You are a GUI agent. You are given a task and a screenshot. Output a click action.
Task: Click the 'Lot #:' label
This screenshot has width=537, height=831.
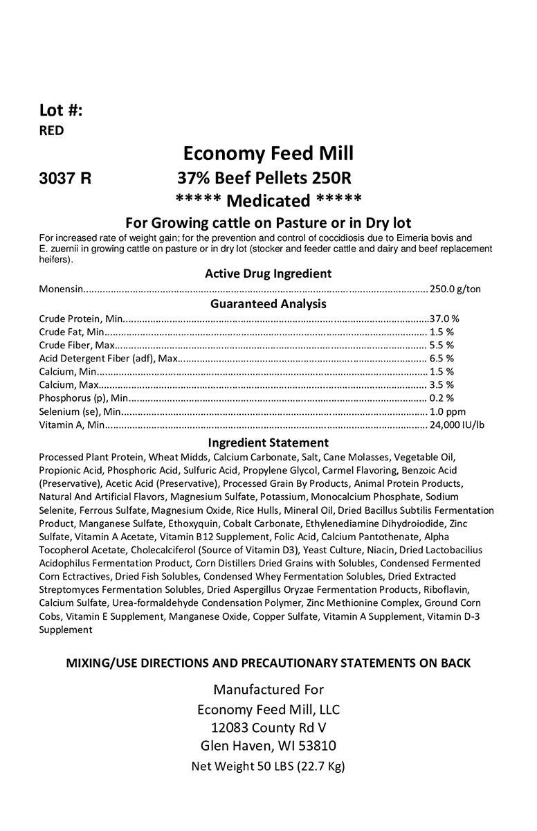61,110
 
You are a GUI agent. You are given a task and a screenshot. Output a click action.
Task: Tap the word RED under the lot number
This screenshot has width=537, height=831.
51,130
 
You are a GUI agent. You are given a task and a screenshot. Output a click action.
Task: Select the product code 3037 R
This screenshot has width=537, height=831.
65,177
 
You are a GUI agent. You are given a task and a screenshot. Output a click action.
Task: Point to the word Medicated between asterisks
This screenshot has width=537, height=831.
268,201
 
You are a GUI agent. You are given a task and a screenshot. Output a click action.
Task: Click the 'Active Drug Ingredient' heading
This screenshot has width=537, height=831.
268,274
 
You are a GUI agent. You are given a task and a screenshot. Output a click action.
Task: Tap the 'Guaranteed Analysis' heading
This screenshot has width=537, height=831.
268,303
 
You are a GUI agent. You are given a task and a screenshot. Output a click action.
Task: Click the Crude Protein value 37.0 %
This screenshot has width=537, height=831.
444,319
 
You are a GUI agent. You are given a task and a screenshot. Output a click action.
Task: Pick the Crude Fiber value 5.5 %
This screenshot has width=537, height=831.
442,345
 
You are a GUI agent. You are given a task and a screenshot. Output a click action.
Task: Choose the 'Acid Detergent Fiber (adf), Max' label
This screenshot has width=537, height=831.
109,358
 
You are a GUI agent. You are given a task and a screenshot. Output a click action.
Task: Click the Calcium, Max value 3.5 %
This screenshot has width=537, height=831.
442,384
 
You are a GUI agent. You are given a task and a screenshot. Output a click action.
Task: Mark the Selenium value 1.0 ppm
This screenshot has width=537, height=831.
448,411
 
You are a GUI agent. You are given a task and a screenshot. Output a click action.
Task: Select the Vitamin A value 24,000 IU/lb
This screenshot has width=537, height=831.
457,425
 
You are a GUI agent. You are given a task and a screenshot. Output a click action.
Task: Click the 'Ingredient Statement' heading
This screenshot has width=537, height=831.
268,443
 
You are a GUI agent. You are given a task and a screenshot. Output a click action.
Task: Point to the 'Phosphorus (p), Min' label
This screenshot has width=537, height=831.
83,398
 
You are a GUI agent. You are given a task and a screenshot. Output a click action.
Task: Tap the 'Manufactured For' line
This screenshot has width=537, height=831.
268,690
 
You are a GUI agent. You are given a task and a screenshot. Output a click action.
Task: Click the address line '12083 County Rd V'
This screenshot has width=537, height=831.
268,728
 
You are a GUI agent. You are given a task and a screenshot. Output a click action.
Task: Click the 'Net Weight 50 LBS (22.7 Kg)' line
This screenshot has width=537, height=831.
268,767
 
